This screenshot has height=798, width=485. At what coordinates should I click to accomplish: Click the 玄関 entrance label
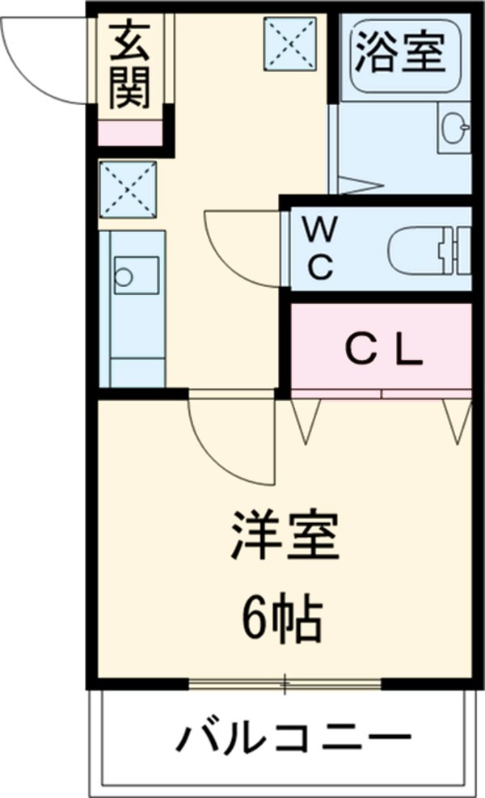(130, 66)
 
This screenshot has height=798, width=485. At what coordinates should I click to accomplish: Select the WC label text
(321, 250)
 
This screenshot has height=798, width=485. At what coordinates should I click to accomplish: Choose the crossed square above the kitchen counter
(128, 189)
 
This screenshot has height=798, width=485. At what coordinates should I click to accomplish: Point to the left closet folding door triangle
(306, 419)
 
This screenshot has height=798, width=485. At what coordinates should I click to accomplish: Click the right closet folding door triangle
(457, 419)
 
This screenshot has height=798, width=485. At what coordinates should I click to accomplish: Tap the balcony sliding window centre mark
(285, 684)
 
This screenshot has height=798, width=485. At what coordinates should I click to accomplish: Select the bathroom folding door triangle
(356, 185)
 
